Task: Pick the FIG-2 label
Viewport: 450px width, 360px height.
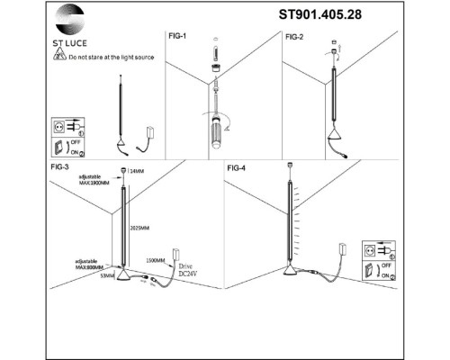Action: [296, 37]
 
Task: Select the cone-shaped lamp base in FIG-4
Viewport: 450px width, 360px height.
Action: [294, 272]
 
